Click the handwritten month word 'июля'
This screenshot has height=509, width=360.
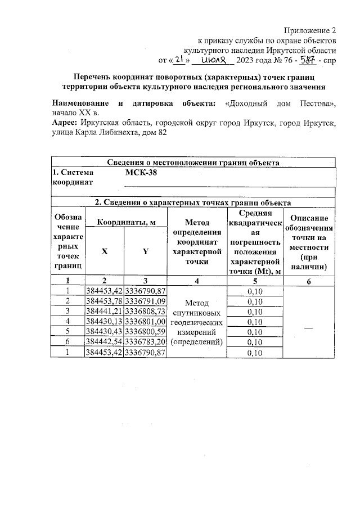pyautogui.click(x=215, y=60)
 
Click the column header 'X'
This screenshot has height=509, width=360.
pyautogui.click(x=103, y=251)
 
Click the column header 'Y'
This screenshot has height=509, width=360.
pyautogui.click(x=145, y=251)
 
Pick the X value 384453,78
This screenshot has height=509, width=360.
pyautogui.click(x=103, y=301)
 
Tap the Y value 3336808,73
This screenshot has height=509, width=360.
pyautogui.click(x=145, y=312)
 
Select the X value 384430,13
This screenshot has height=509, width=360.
pyautogui.click(x=103, y=322)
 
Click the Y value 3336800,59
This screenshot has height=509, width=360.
pyautogui.click(x=145, y=332)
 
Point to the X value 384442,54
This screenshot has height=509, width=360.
pyautogui.click(x=103, y=342)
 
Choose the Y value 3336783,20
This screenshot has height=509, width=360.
pyautogui.click(x=145, y=342)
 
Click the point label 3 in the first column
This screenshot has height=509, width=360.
pyautogui.click(x=67, y=312)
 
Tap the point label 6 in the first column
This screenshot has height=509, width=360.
pyautogui.click(x=67, y=342)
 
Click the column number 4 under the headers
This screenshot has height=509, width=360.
pyautogui.click(x=197, y=281)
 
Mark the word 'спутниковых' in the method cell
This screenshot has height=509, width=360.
pyautogui.click(x=196, y=312)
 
